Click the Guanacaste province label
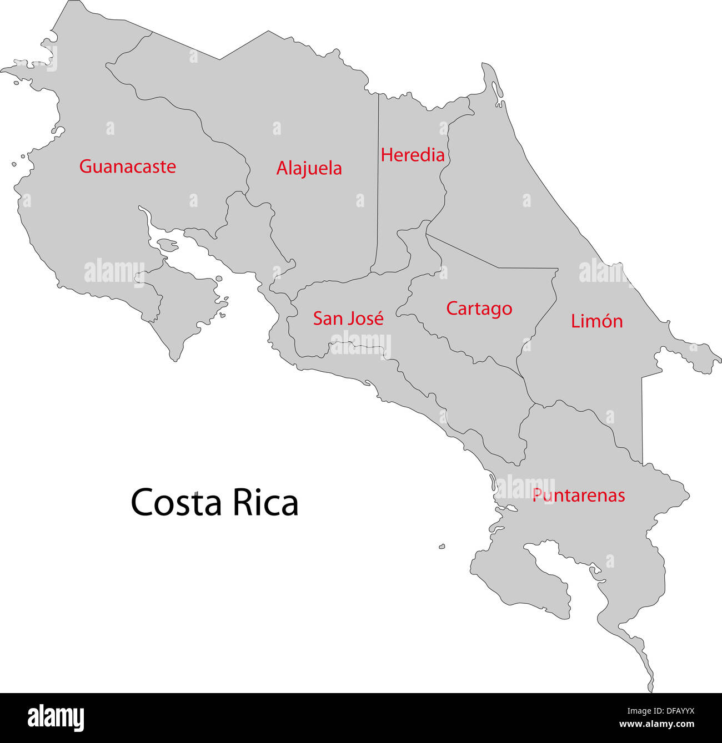pos(127,166)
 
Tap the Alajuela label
pos(309,168)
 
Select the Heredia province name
pos(412,155)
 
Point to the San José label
pos(348,319)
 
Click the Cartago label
pos(479,309)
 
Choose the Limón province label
pos(596,321)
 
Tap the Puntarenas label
pos(578,495)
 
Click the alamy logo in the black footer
pos(56,718)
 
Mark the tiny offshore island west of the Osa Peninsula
pos(442,547)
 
